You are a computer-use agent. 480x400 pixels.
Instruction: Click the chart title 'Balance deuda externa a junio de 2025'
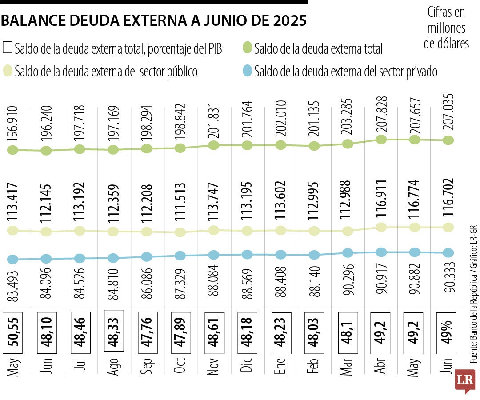click(154, 21)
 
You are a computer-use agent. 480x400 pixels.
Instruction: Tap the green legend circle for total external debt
click(248, 48)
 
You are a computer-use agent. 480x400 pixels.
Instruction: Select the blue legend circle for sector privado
click(248, 71)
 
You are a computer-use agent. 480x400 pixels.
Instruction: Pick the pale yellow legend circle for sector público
click(8, 71)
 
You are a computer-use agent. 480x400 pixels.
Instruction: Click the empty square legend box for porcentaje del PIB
click(8, 48)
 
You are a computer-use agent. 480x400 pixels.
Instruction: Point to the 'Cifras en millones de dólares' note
click(446, 28)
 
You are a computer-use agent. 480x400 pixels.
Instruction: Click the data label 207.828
click(381, 114)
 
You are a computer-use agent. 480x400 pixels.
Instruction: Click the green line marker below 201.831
click(213, 145)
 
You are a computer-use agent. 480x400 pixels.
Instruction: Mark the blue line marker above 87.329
click(180, 256)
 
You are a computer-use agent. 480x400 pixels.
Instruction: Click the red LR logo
click(465, 381)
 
